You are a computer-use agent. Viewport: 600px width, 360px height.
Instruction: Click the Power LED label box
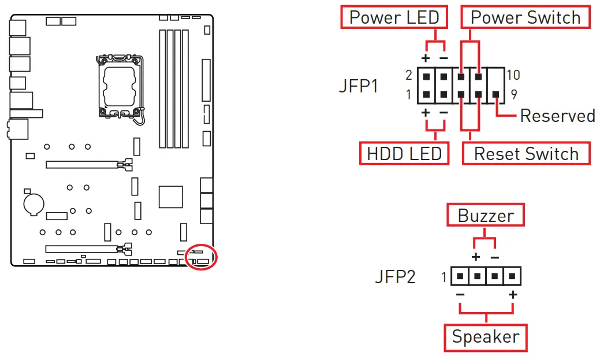point(394,17)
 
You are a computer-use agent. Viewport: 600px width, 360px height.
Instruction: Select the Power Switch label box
point(526,17)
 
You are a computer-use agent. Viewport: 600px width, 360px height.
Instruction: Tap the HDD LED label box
point(404,154)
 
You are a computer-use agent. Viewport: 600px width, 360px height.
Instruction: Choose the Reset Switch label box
point(526,154)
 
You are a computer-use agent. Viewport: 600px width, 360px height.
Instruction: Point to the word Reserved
point(557,116)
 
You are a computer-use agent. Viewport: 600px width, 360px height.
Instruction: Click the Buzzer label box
point(486,216)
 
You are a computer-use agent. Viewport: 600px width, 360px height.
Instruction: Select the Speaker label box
point(486,337)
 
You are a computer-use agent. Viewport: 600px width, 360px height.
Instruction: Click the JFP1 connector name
point(358,87)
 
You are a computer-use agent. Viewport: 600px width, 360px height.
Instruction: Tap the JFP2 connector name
point(395,277)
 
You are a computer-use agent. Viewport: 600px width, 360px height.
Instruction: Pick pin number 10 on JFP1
point(513,75)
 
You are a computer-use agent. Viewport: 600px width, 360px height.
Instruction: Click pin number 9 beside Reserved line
point(513,94)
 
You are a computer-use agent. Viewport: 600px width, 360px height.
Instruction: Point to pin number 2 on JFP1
point(408,75)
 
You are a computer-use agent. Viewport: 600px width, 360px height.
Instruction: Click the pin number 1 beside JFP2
point(444,277)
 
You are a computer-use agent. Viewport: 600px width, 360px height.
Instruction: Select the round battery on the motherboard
point(33,203)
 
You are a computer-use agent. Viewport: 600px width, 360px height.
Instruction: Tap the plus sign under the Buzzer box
point(476,257)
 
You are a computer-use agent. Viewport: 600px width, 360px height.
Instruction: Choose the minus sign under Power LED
point(444,58)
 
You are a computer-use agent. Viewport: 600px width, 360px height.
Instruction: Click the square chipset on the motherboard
point(170,196)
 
